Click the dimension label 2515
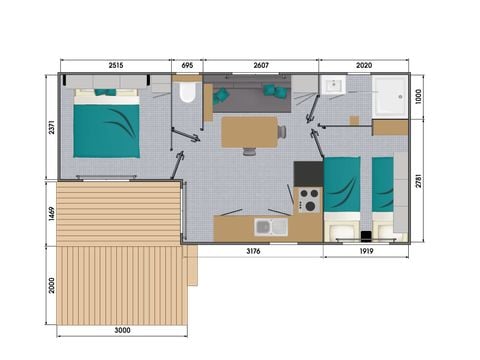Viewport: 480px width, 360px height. [110, 64]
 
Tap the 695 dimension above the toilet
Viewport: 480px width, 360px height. [186, 64]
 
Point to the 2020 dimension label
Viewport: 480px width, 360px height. [364, 64]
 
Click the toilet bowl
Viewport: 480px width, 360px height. [186, 95]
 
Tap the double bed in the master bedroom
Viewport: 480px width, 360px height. [106, 122]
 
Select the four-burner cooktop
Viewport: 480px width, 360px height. [309, 200]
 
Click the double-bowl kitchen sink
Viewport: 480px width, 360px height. [271, 227]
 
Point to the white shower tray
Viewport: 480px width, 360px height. [388, 97]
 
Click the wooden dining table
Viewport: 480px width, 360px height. [250, 131]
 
